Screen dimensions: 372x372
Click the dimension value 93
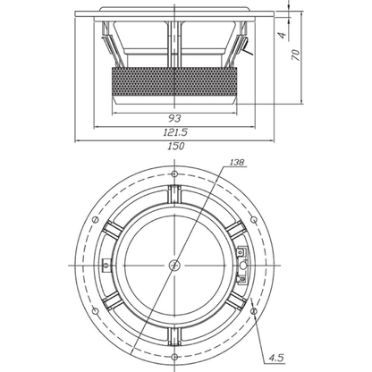coord(174,119)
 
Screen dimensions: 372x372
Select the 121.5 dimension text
coord(175,132)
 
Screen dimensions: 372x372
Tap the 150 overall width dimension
coord(176,146)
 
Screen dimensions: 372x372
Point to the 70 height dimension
coord(295,55)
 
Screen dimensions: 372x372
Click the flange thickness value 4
coord(283,35)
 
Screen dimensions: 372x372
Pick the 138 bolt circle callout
coord(237,162)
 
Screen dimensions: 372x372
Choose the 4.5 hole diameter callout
coord(276,358)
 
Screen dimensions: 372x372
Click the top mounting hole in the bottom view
coord(174,173)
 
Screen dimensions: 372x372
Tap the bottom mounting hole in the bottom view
coord(175,357)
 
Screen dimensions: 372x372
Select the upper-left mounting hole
coord(96,220)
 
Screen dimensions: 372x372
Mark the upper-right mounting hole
coord(254,220)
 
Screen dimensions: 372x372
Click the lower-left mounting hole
coord(96,311)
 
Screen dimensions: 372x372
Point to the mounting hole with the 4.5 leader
coord(254,311)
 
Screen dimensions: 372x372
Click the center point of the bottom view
coord(174,265)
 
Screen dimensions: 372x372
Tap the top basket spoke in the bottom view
coord(174,194)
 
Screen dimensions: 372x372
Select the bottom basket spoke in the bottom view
coord(174,336)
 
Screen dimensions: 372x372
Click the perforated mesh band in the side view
coord(174,81)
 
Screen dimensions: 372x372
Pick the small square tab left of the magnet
coord(106,265)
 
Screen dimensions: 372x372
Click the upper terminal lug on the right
coord(242,252)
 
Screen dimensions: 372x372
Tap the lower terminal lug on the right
coord(242,279)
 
